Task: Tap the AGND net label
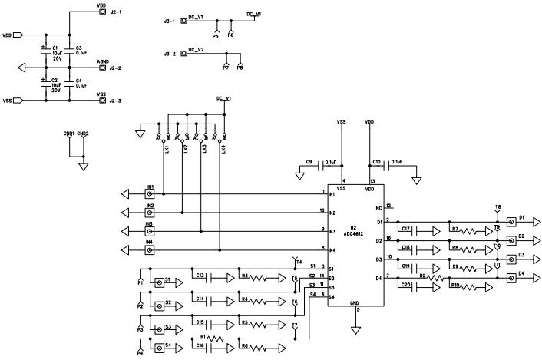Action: (102, 61)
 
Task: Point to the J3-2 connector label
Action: (171, 54)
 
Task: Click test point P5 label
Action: (215, 36)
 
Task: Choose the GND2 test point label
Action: (83, 134)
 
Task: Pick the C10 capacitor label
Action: (376, 162)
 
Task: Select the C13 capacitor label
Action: (199, 275)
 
